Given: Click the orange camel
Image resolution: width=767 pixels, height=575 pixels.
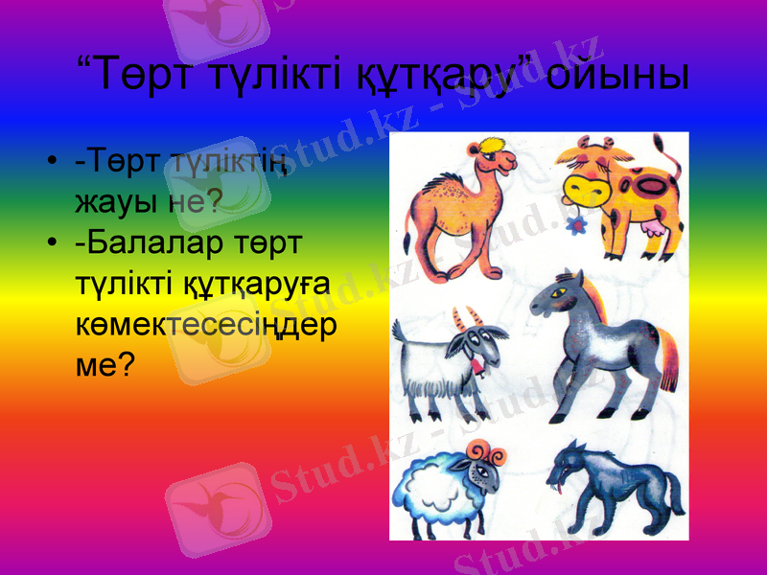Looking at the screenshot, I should point(451,206).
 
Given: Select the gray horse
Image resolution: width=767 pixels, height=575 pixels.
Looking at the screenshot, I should point(599,340).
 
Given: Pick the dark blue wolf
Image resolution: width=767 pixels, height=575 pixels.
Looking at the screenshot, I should point(614,484).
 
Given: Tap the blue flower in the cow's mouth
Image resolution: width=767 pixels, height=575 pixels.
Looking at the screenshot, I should point(577,226).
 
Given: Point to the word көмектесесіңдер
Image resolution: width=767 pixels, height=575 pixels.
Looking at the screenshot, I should point(205,325).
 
